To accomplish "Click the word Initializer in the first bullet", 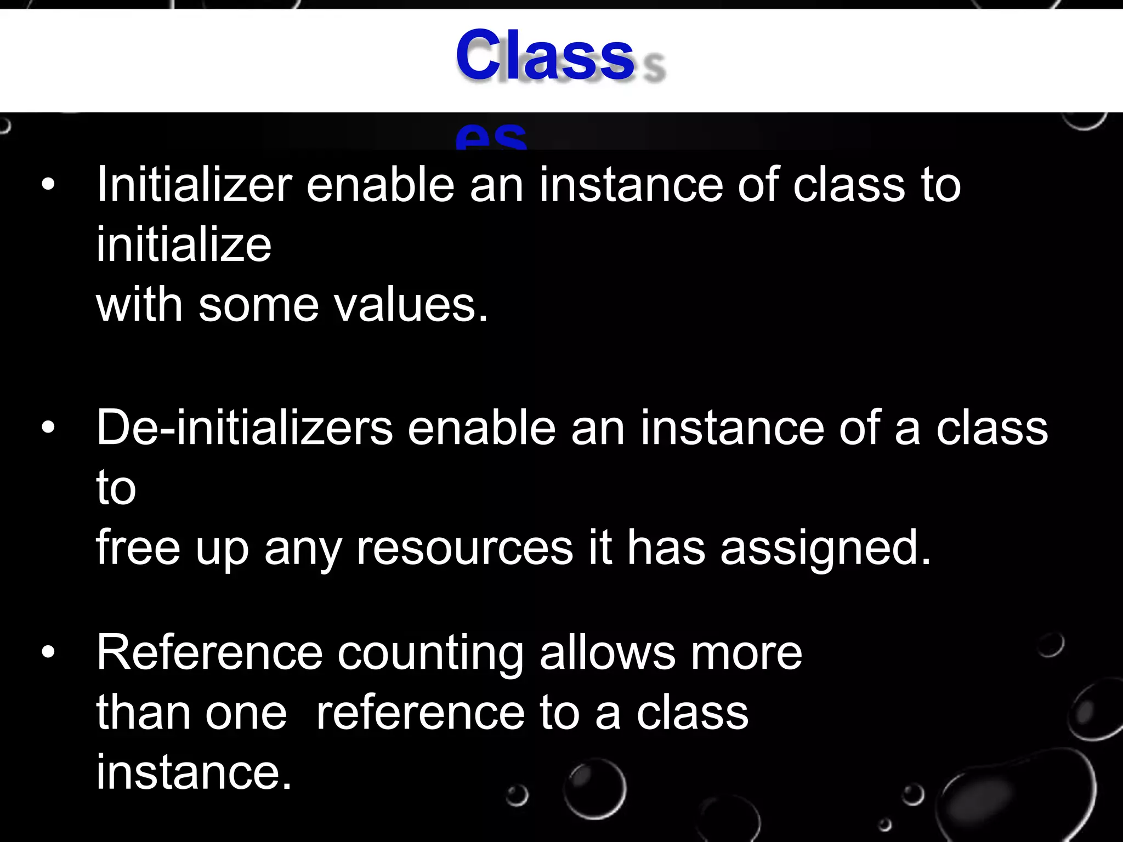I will [194, 185].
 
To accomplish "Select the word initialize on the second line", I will [184, 244].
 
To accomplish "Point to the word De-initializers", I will [244, 428].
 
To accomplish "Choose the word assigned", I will [826, 548].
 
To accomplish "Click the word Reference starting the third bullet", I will [209, 653].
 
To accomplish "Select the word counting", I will [430, 654].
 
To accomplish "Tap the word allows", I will [608, 653].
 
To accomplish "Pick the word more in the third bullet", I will [746, 654].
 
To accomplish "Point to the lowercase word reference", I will [420, 713].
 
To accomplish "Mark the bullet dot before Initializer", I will [48, 185].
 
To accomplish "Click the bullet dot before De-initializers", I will [48, 428].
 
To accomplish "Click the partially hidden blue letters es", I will [491, 138].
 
